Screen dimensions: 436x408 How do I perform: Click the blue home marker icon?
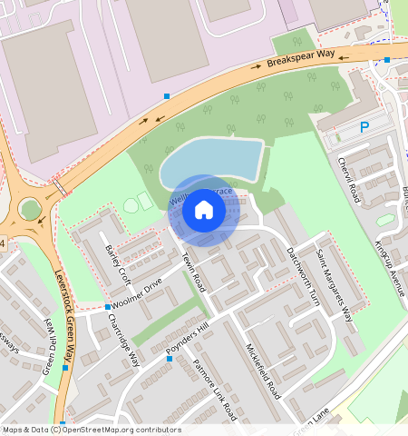click(204, 211)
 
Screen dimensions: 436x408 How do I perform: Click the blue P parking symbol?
click(364, 128)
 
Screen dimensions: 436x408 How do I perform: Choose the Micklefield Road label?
click(264, 370)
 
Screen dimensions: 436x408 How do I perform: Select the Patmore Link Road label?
click(215, 390)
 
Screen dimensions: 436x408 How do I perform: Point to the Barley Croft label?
click(117, 263)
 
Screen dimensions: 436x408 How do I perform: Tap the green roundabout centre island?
click(31, 210)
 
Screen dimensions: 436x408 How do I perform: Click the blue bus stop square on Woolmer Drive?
click(107, 307)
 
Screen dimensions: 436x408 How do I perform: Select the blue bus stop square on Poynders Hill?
click(170, 358)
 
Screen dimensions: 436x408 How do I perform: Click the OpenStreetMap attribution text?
click(91, 430)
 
